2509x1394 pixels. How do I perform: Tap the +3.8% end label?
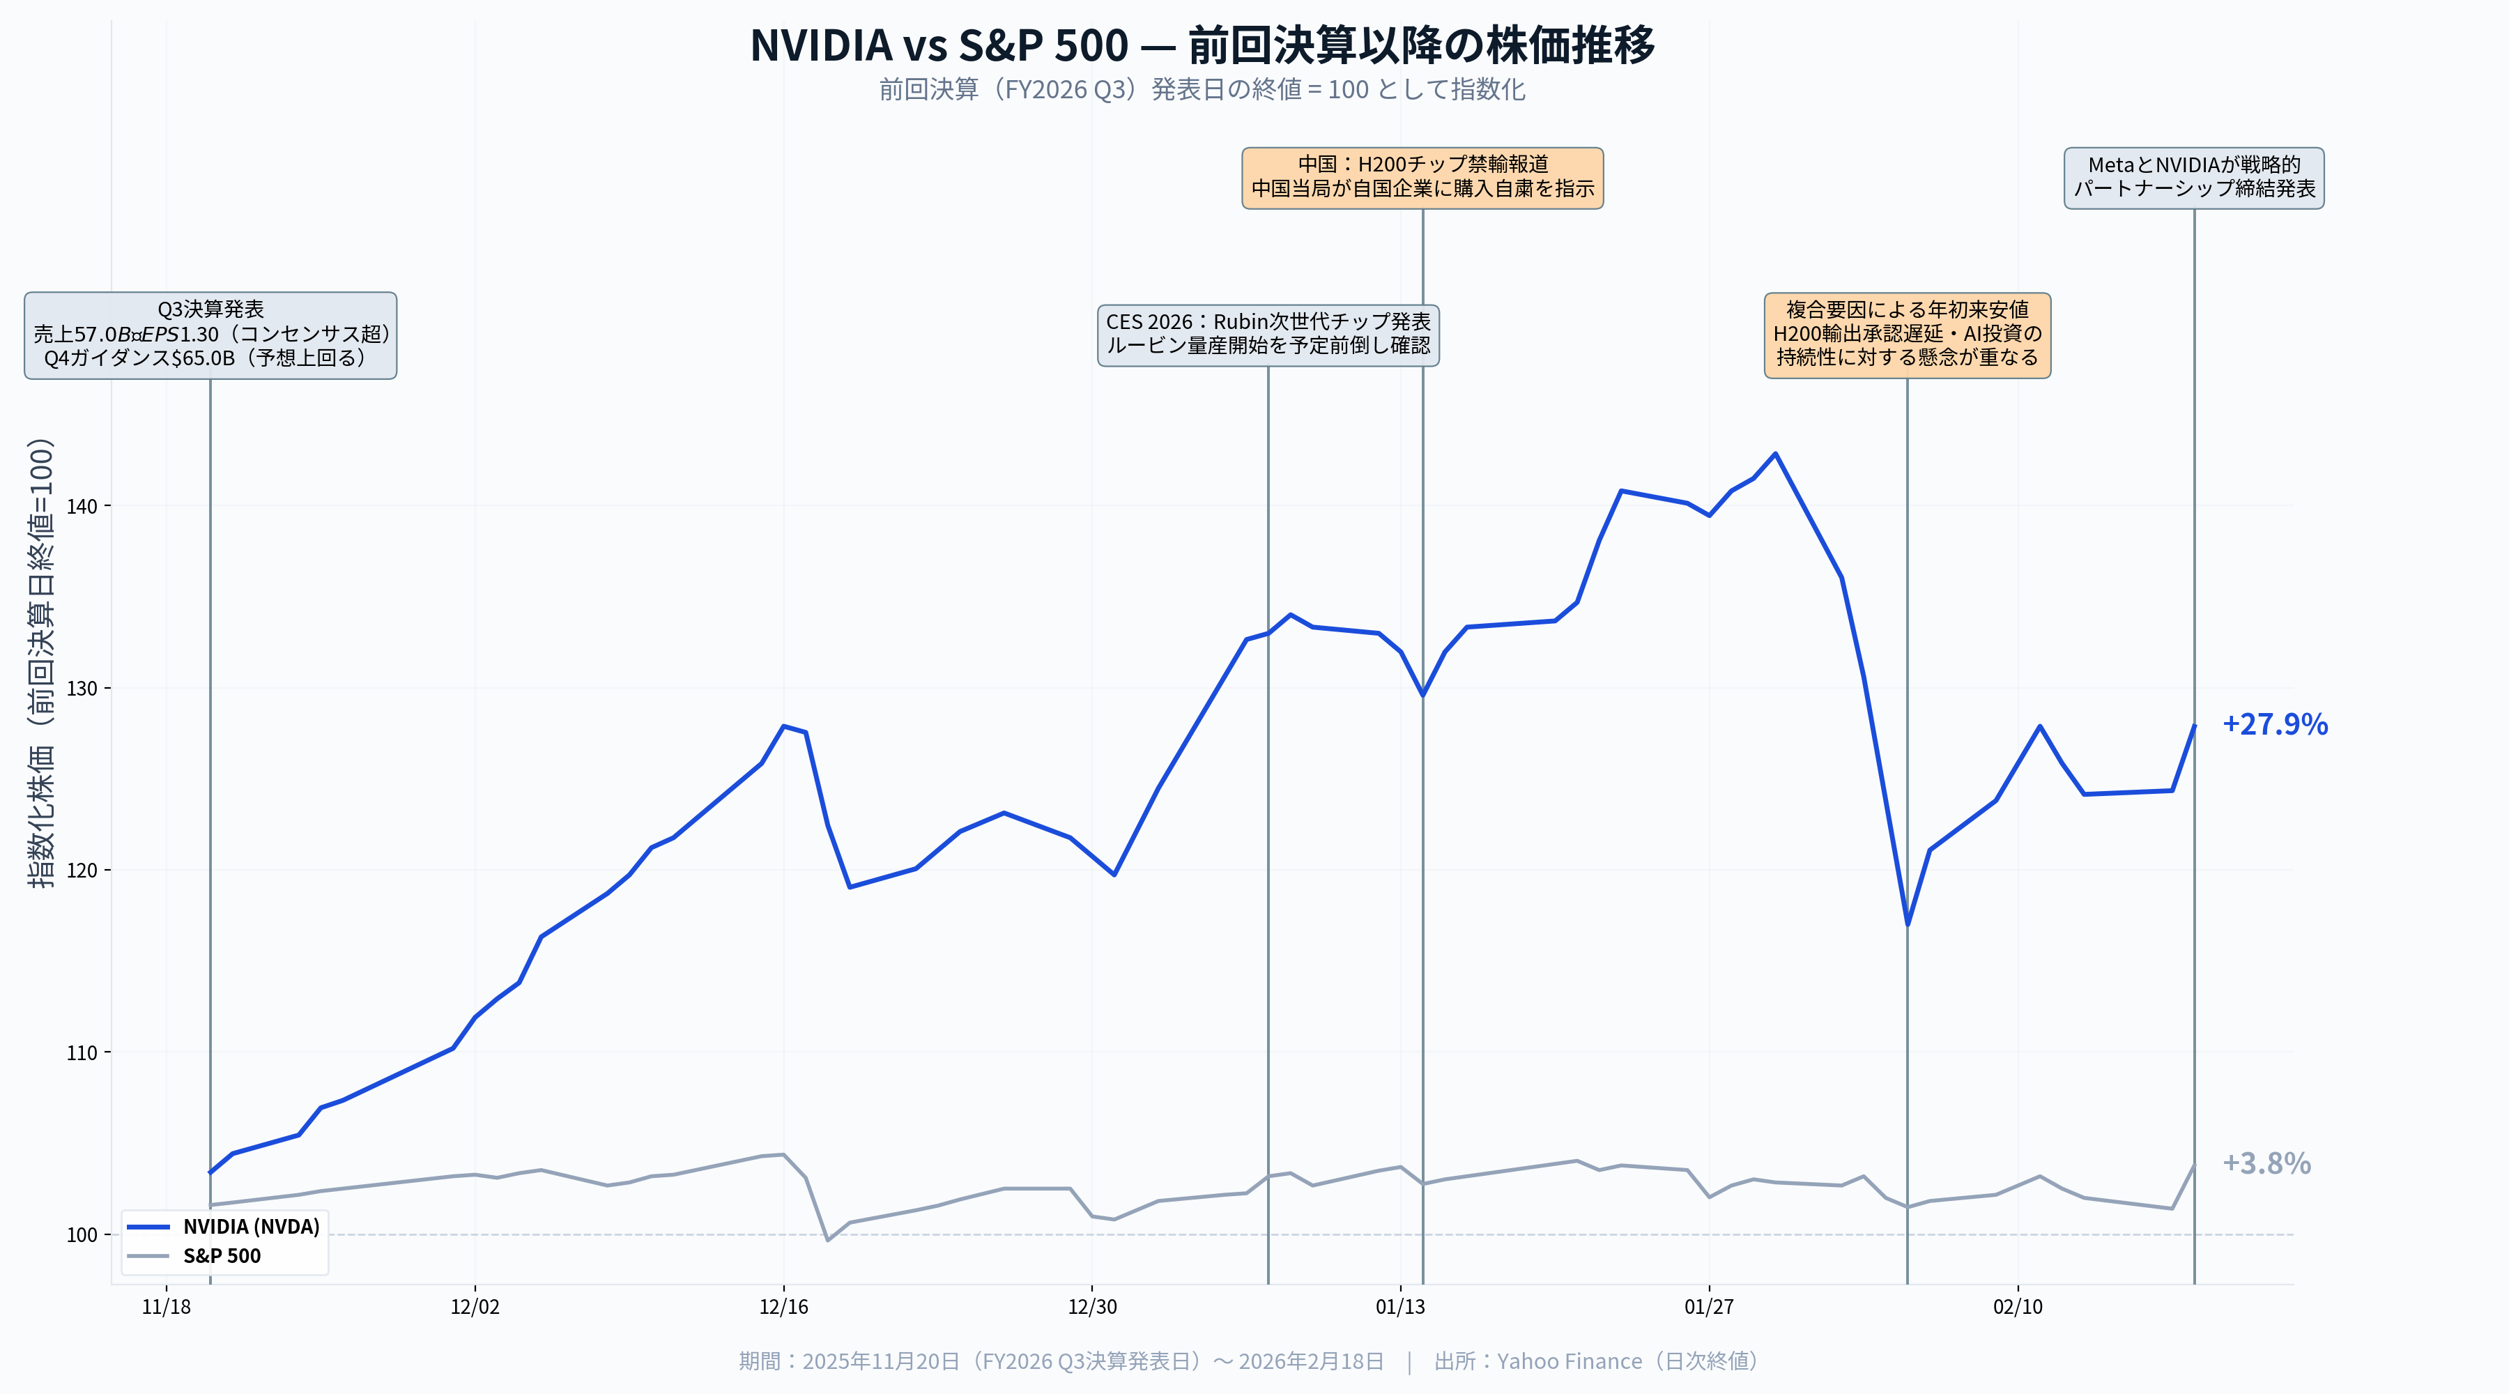(2266, 1163)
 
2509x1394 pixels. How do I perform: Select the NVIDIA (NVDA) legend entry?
(250, 1227)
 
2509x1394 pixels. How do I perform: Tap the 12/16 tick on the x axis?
(783, 1306)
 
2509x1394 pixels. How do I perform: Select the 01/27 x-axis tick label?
(1708, 1306)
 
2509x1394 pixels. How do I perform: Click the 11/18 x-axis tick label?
(167, 1306)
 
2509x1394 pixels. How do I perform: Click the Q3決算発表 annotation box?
(210, 334)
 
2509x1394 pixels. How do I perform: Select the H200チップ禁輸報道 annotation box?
(1422, 177)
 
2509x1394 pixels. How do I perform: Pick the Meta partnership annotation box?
(2193, 177)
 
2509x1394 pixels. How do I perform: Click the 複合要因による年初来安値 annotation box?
(1906, 334)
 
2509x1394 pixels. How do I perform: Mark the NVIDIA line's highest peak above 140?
(1774, 454)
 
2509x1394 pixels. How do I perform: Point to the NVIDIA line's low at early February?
(1906, 924)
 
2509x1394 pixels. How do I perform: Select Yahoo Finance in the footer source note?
(1568, 1361)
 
